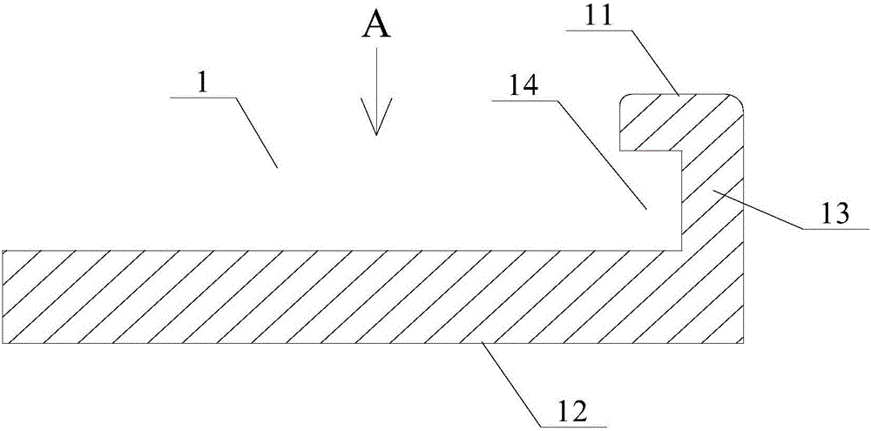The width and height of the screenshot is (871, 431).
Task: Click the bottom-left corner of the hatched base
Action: (x=3, y=342)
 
